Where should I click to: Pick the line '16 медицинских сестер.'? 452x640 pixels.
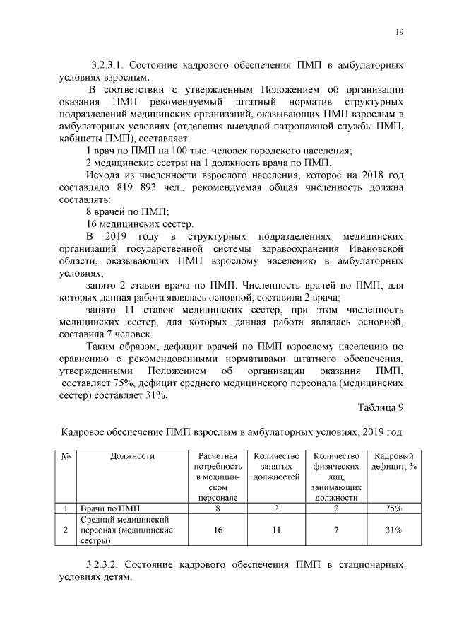139,223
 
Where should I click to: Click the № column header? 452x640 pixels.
65,456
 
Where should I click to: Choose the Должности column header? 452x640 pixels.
132,456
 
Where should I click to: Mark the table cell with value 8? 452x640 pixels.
218,508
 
